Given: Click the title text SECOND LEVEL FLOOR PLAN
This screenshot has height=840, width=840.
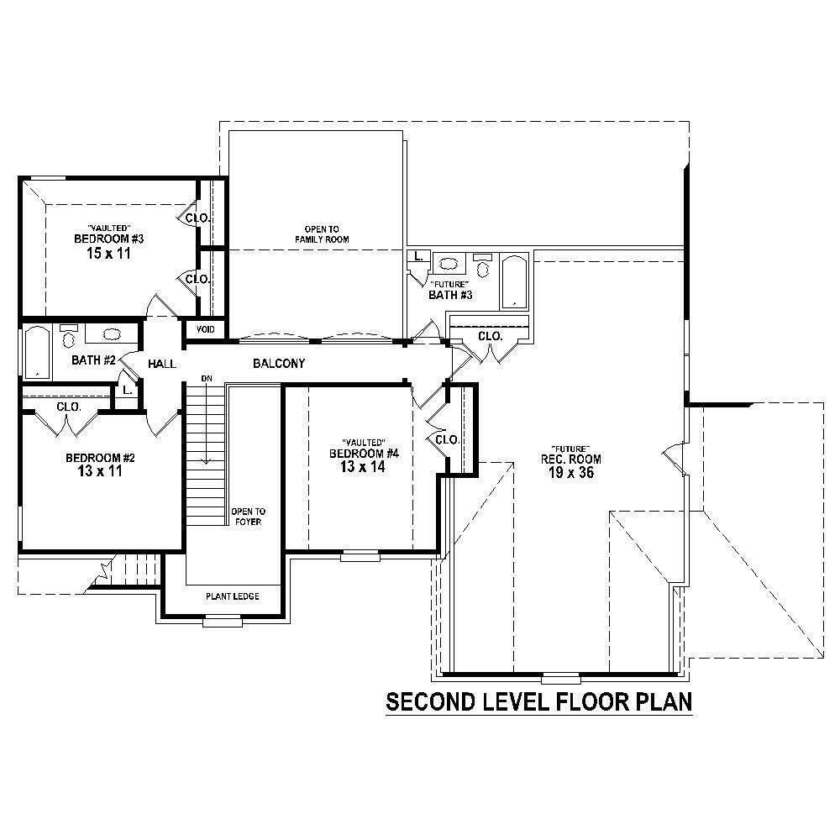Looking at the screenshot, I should coord(538,701).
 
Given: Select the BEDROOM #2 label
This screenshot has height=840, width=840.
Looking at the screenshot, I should coord(101,458).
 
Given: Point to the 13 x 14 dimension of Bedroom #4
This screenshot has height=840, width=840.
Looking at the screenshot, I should coord(363,467).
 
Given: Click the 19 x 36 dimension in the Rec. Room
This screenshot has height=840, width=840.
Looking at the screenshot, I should coord(571,473).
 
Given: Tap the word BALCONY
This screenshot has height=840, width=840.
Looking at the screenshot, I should coord(278,364).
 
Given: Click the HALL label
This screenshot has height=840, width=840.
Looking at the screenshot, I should coord(161,365).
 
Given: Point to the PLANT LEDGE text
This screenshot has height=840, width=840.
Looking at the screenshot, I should coord(233,596).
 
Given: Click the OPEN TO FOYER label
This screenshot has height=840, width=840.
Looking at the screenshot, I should coord(248,517).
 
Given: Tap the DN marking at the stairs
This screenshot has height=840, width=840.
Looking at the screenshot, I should coord(205,380).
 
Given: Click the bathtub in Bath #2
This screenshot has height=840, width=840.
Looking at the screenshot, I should coord(36,352).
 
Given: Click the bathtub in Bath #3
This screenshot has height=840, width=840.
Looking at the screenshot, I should coord(512,281).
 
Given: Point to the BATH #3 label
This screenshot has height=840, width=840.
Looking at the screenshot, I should coord(451,295).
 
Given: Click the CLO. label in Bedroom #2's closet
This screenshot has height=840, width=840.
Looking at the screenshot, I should coord(68,407).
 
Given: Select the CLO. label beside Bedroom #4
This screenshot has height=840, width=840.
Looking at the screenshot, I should coord(446,439).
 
